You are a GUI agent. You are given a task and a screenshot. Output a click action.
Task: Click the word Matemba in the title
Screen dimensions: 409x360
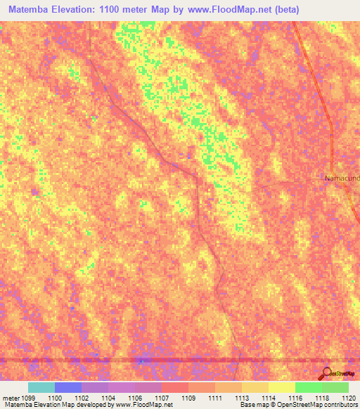tap(28, 10)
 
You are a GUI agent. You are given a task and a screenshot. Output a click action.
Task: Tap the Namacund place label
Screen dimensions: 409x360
tap(342, 178)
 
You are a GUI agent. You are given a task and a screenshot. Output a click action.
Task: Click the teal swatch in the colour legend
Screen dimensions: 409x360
tap(41, 387)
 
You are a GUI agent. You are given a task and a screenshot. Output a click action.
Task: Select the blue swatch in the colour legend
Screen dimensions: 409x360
tap(67, 387)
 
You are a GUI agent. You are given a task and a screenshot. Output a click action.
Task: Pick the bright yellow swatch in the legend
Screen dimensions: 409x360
tap(281, 387)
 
